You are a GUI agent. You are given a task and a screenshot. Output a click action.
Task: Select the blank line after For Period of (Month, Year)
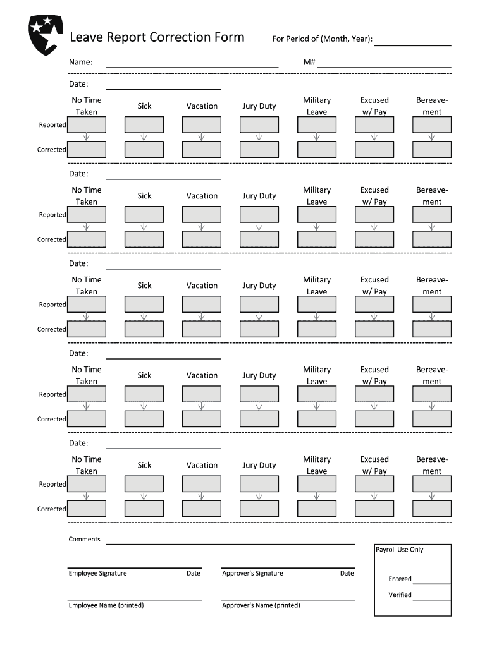(x=413, y=45)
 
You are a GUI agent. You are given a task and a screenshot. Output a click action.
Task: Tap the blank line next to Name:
(x=192, y=66)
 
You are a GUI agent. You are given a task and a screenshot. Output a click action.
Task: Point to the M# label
(x=309, y=63)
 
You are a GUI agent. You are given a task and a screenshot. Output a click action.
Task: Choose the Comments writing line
(x=230, y=543)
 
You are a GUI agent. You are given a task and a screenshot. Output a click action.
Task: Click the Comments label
(x=85, y=540)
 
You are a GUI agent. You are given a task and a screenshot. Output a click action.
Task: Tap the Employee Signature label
(x=97, y=574)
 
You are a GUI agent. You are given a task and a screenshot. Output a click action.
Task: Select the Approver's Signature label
(x=252, y=574)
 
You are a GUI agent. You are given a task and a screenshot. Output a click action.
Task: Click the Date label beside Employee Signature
(x=194, y=574)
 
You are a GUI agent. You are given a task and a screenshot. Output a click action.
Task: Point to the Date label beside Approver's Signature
(x=347, y=574)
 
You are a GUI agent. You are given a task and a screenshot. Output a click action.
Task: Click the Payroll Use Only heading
(x=400, y=550)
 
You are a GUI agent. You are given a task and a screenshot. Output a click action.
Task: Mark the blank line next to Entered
(x=432, y=583)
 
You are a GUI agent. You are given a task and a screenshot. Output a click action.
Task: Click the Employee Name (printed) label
(x=106, y=605)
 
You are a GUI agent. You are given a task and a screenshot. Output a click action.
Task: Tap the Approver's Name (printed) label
(x=261, y=605)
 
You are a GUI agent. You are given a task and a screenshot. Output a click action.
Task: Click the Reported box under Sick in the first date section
(x=144, y=124)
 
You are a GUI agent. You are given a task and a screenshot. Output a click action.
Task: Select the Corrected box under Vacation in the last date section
(x=202, y=509)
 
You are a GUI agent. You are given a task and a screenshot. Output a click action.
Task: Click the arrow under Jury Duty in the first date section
(x=259, y=137)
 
